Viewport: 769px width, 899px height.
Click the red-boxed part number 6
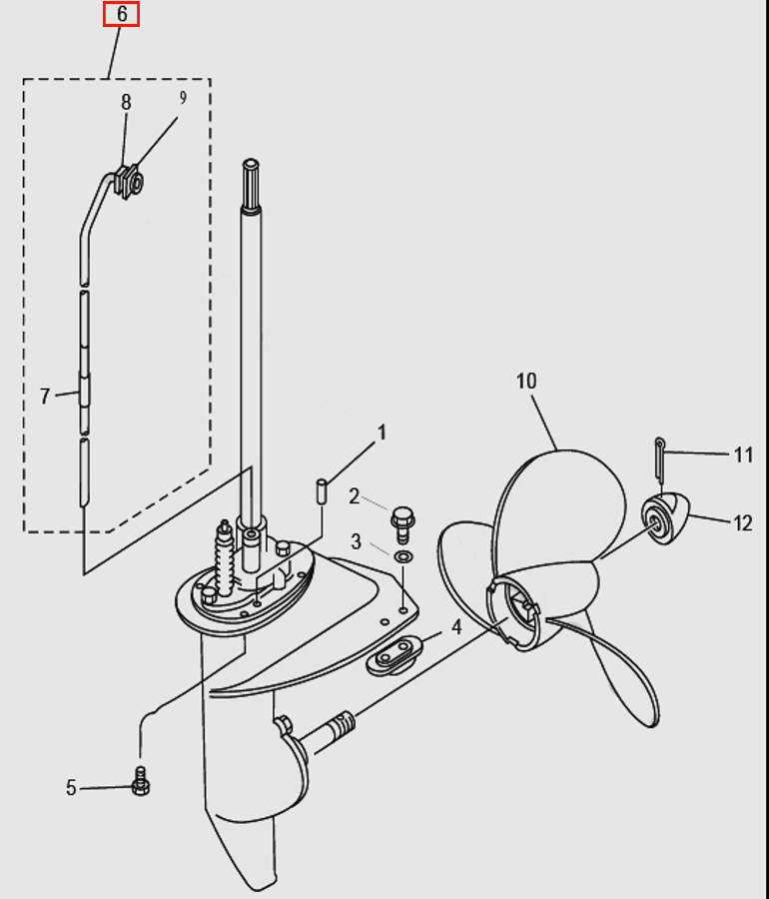121,14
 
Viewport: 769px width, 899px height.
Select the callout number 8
126,101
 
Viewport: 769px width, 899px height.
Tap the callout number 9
183,98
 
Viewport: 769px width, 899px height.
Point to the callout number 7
45,397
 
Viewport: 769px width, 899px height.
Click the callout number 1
380,433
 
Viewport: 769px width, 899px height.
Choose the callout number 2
354,495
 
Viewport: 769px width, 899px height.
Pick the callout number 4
455,628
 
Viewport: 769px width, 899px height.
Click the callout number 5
71,788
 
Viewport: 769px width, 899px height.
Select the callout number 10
526,381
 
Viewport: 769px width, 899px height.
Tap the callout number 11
743,455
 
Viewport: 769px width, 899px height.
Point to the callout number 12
743,521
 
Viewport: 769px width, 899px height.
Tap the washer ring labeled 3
402,555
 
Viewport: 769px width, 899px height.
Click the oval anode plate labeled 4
392,657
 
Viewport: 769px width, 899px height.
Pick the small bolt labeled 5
141,782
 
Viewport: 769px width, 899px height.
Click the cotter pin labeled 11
660,456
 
